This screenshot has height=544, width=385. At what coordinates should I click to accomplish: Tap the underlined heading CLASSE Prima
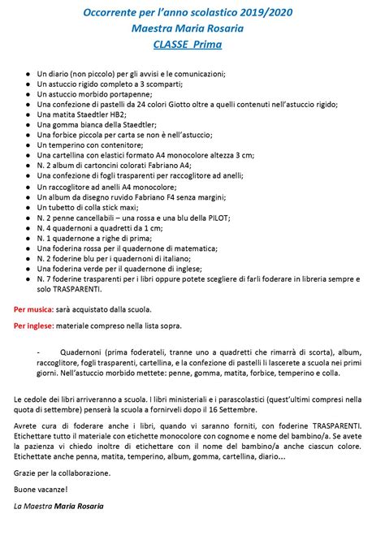click(x=192, y=45)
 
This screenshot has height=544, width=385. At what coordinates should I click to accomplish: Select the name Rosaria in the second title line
click(x=230, y=29)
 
